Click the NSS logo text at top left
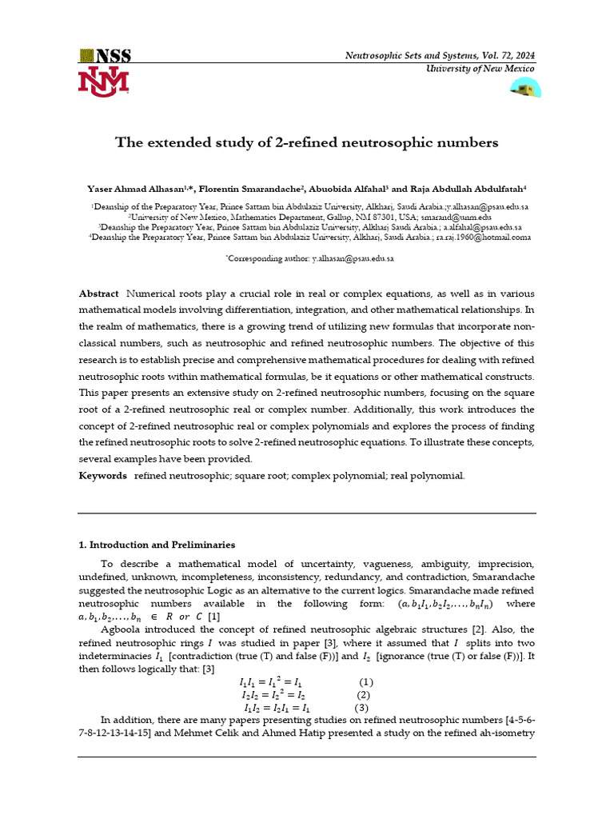pos(105,56)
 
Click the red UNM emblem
pos(103,82)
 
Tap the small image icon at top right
pos(525,88)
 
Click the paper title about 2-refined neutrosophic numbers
pos(307,142)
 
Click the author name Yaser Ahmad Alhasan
pos(138,190)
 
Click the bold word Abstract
pos(98,294)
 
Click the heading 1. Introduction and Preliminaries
pos(157,545)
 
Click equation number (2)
pos(364,695)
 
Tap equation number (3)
pos(361,708)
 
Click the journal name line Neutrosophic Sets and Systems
pos(440,55)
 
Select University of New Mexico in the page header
pos(479,69)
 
